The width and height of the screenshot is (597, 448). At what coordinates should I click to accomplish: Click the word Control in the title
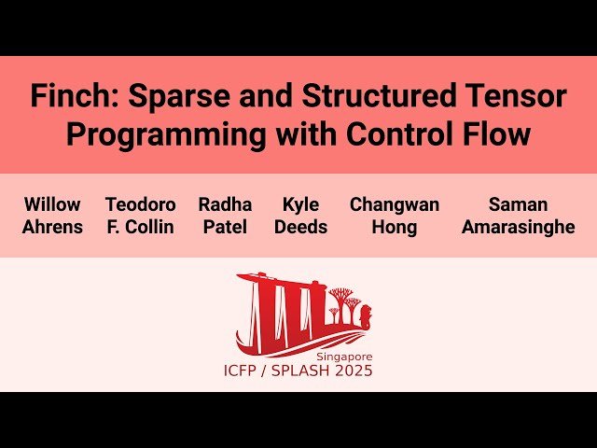point(405,134)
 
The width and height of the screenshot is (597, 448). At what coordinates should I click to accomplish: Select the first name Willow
point(52,204)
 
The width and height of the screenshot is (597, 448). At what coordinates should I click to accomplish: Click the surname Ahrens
point(52,228)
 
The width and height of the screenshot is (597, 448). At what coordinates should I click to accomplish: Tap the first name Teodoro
point(140,204)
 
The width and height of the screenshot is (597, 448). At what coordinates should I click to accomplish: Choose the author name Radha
point(224,204)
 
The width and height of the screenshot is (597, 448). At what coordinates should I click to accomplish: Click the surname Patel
point(224,228)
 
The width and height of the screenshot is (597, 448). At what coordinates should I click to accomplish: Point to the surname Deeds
point(300,228)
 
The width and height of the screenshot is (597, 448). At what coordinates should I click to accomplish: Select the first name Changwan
point(395,204)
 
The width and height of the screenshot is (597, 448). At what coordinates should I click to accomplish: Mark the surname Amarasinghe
point(519,228)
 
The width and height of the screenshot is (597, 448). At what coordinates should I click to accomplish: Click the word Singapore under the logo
point(344,357)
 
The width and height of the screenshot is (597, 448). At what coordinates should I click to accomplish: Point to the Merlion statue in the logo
point(363,314)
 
